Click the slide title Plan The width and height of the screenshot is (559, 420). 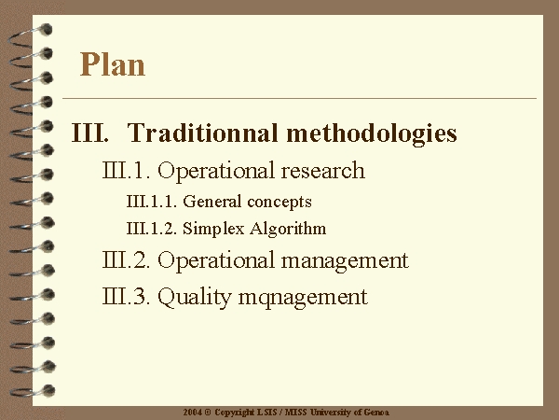pyautogui.click(x=113, y=64)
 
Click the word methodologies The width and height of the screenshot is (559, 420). pyautogui.click(x=372, y=133)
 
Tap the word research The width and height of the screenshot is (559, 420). pyautogui.click(x=322, y=170)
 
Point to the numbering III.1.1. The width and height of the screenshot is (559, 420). pyautogui.click(x=152, y=202)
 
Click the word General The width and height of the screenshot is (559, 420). pyautogui.click(x=212, y=202)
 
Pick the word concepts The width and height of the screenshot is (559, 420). pyautogui.click(x=279, y=203)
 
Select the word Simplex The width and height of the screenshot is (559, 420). pyautogui.click(x=213, y=229)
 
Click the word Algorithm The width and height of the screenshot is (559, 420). pyautogui.click(x=288, y=229)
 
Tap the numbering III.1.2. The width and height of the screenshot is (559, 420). pyautogui.click(x=152, y=229)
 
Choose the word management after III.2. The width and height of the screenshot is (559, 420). pyautogui.click(x=345, y=261)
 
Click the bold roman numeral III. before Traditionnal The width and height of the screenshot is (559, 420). pyautogui.click(x=89, y=133)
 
